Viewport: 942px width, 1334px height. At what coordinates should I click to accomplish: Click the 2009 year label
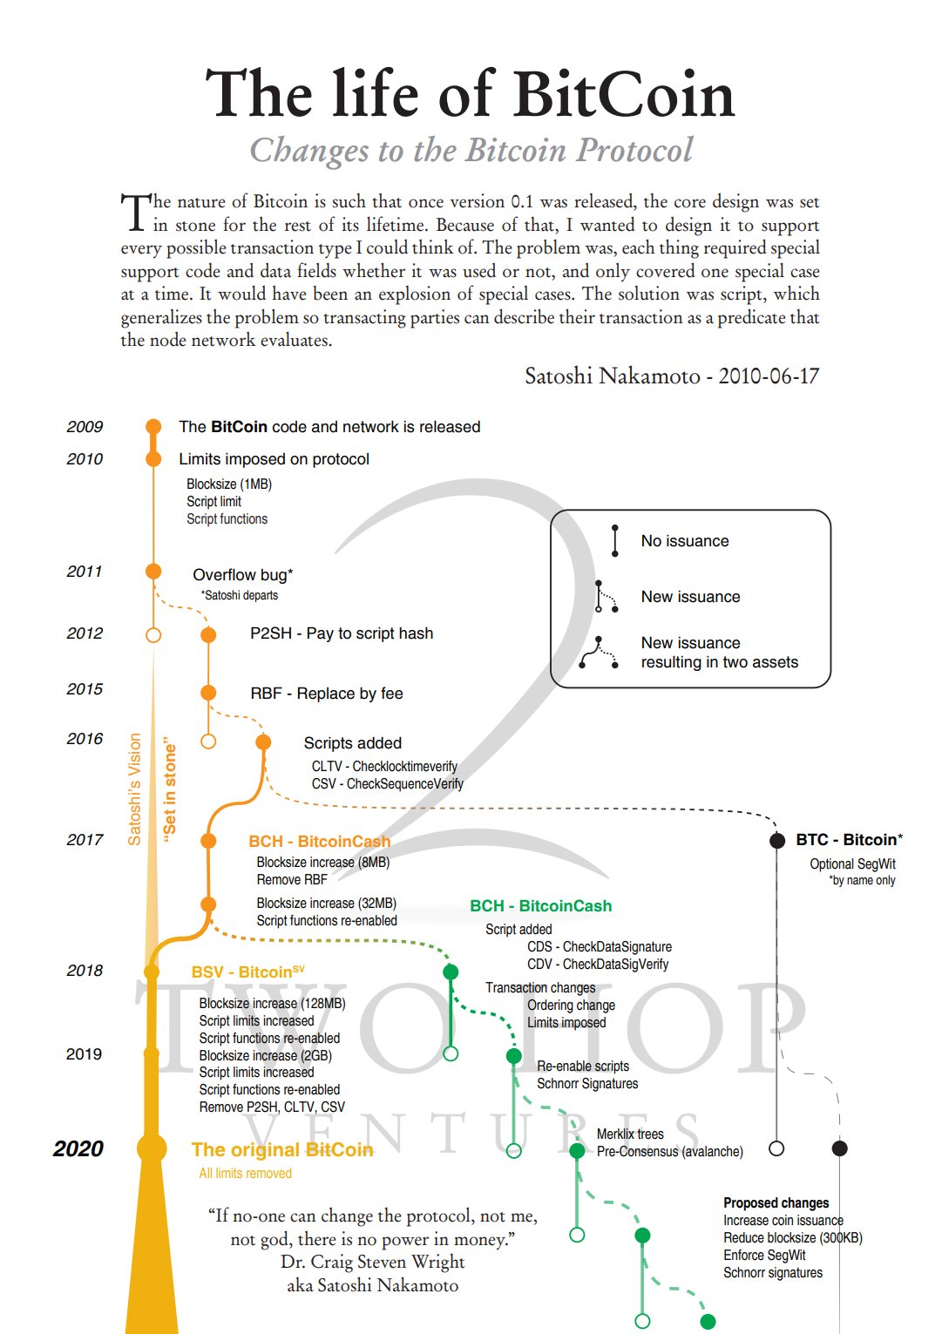tap(85, 427)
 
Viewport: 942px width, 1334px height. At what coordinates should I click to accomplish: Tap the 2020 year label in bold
tap(78, 1149)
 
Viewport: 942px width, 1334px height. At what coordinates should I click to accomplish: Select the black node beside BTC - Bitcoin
tap(776, 841)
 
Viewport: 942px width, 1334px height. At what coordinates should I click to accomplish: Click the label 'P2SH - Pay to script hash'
tap(341, 633)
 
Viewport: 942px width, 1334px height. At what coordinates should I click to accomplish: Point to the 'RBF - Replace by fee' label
tap(327, 694)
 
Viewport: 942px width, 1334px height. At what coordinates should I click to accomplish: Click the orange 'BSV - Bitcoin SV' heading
tap(248, 972)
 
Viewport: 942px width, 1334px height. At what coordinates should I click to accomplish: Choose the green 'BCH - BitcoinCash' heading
tap(540, 906)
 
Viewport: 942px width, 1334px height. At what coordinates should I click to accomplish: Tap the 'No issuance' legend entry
tap(685, 541)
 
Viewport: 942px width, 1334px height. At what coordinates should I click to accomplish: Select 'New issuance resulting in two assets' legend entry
tap(719, 653)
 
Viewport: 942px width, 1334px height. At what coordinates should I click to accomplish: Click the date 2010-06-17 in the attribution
tap(769, 376)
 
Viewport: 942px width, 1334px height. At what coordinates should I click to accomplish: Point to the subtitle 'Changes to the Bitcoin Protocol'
tap(471, 151)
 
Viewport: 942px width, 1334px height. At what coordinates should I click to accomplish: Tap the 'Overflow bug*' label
tap(243, 575)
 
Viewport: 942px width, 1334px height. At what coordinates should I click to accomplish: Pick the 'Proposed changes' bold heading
tap(776, 1203)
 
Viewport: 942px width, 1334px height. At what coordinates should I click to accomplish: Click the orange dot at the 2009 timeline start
tap(153, 426)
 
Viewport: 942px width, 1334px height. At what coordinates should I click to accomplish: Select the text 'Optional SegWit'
tap(852, 864)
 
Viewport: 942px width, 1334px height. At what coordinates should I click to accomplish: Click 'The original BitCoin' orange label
tap(282, 1150)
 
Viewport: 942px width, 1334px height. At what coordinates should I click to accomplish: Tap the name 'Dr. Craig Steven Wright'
tap(372, 1263)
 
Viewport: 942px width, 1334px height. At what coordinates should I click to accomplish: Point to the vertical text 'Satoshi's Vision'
tap(134, 789)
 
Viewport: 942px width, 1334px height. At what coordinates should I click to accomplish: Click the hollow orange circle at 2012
tap(153, 635)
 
